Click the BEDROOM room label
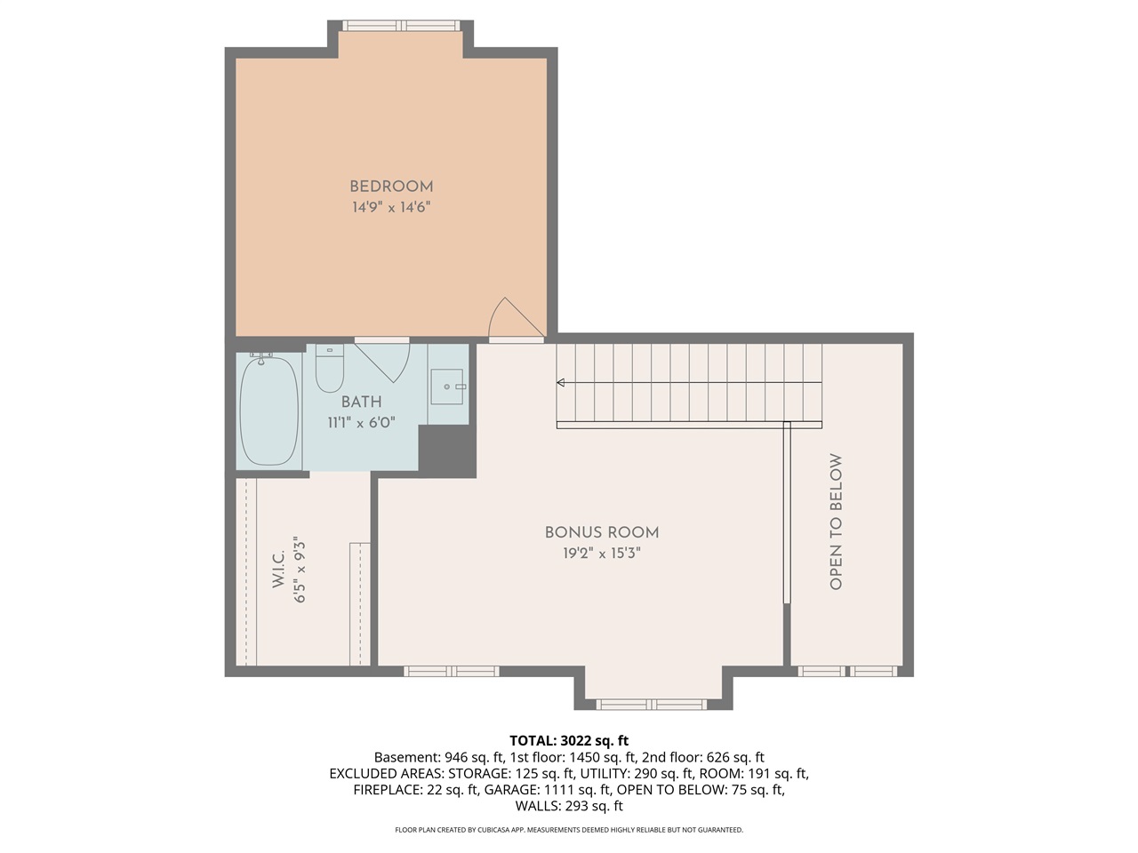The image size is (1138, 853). (391, 187)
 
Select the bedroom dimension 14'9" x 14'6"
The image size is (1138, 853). (391, 208)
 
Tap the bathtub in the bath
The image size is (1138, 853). (269, 409)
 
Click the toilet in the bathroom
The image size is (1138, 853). (330, 369)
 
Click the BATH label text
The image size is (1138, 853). (361, 403)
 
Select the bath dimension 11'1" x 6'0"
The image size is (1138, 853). (361, 423)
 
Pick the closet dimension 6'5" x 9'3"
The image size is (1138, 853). (300, 572)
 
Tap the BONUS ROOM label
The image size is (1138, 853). (602, 532)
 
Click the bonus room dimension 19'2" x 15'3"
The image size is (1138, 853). (602, 553)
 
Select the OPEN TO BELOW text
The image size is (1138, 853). (836, 522)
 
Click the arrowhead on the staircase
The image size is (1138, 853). (561, 383)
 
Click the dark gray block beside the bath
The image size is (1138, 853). (446, 451)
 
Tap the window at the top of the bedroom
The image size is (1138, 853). (400, 25)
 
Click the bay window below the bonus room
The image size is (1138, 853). (654, 705)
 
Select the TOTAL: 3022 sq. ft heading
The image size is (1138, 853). (569, 740)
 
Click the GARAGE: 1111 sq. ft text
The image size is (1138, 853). (547, 789)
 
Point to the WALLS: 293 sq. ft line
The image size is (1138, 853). (569, 806)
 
